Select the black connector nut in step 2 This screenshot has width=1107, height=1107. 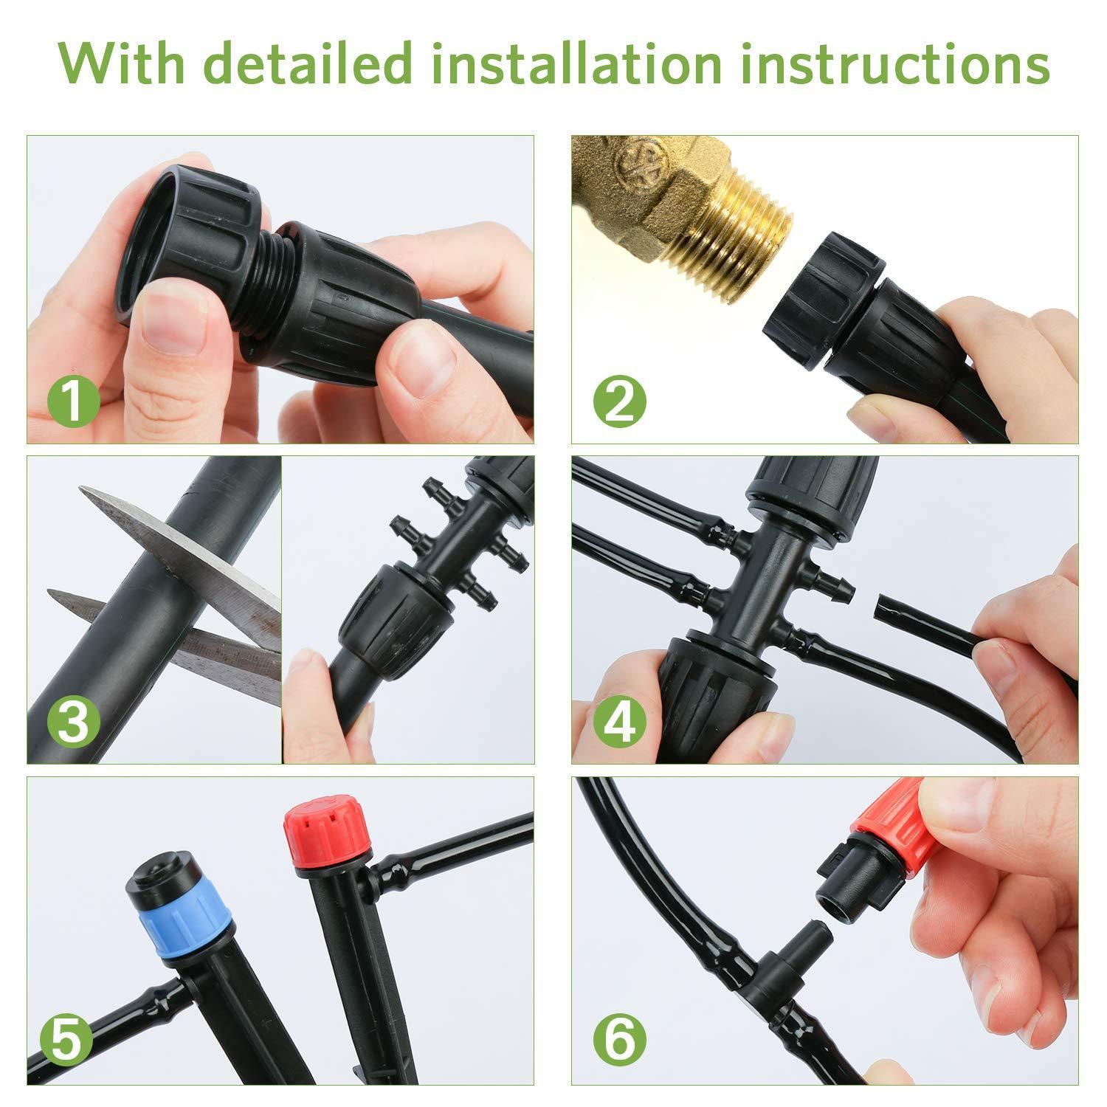tap(819, 299)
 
